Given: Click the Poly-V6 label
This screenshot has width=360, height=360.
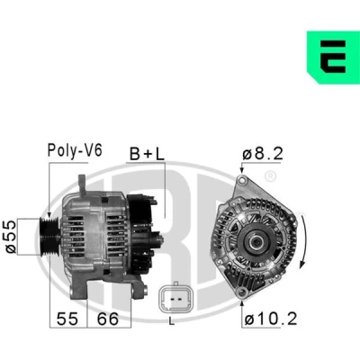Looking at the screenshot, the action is tap(75, 150).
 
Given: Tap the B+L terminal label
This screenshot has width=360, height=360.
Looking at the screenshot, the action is tap(147, 154).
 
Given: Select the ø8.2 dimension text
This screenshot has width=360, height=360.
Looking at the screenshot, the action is tap(263, 154).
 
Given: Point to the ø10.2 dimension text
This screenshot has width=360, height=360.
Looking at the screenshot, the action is tap(271, 319).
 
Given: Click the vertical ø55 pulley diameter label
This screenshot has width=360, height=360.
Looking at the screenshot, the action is tap(11, 237).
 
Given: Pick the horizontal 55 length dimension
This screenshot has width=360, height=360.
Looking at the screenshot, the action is tap(67, 319).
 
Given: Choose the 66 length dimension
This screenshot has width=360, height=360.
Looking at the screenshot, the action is tap(108, 319).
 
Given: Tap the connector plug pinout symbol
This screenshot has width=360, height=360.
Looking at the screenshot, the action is tap(173, 299).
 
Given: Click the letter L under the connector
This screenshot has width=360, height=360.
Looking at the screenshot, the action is tap(171, 322).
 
